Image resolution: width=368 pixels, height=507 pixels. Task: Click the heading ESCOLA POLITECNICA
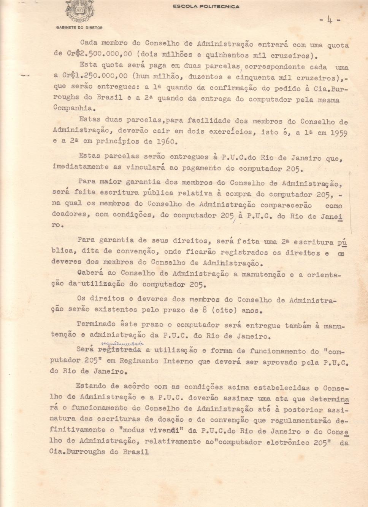click(x=206, y=6)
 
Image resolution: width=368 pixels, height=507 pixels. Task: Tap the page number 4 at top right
click(x=330, y=19)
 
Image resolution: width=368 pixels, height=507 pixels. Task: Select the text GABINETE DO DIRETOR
click(x=79, y=28)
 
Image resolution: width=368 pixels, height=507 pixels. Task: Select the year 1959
click(x=339, y=133)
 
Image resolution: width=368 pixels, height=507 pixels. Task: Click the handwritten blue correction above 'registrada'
click(x=122, y=344)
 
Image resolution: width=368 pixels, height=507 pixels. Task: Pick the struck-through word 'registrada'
click(x=119, y=349)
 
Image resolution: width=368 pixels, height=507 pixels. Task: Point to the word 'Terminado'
click(x=96, y=324)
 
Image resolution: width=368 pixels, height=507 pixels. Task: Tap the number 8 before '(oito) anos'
click(x=205, y=310)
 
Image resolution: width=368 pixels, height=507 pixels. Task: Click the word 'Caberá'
click(x=90, y=273)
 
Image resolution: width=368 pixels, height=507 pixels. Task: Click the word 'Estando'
click(x=90, y=386)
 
